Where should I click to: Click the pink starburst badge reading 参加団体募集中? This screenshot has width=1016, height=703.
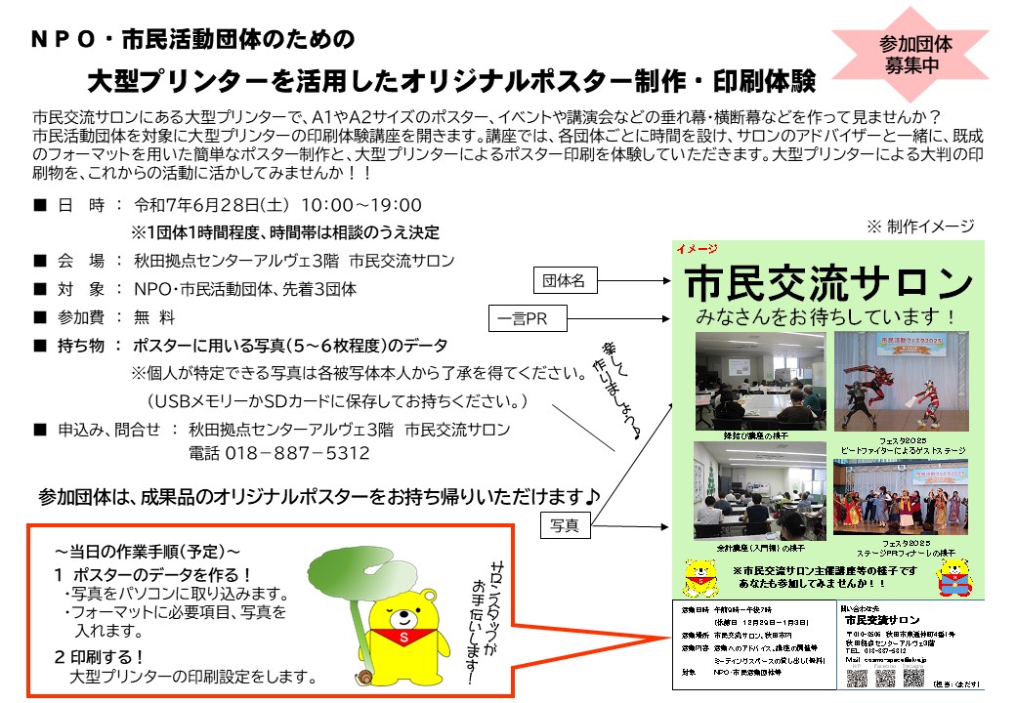[914, 55]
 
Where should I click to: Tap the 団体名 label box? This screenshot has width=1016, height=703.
[564, 281]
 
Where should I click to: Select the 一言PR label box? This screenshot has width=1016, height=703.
[523, 319]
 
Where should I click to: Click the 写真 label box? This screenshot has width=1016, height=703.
[565, 525]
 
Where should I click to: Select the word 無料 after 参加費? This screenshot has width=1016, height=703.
[154, 317]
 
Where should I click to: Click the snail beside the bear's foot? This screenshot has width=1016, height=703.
[364, 676]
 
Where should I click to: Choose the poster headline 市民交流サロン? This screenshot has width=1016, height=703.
[827, 284]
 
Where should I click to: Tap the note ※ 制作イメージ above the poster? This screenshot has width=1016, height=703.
[919, 227]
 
